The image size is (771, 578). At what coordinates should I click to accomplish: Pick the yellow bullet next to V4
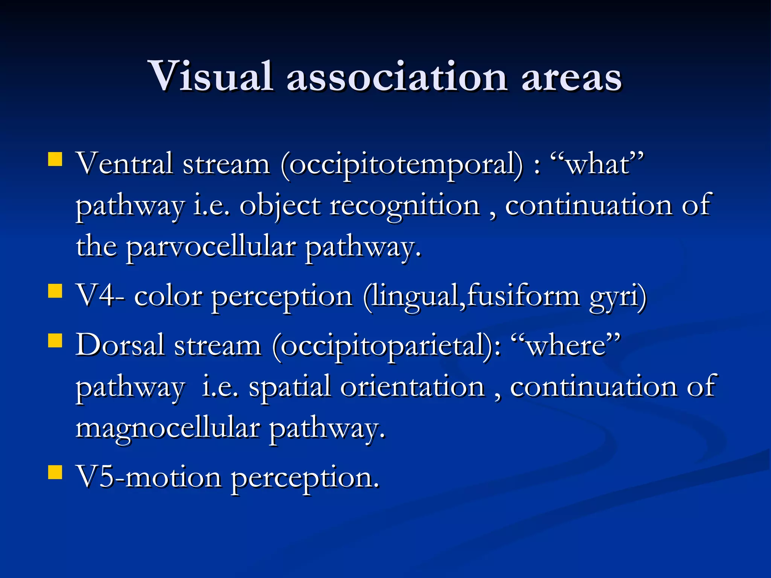(55, 291)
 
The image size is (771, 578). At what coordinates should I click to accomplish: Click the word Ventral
(124, 164)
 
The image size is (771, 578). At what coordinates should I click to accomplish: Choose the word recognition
(405, 207)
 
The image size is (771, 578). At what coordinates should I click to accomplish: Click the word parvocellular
(211, 248)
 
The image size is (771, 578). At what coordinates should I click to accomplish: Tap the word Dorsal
(120, 345)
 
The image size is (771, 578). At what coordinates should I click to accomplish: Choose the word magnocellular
(168, 429)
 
